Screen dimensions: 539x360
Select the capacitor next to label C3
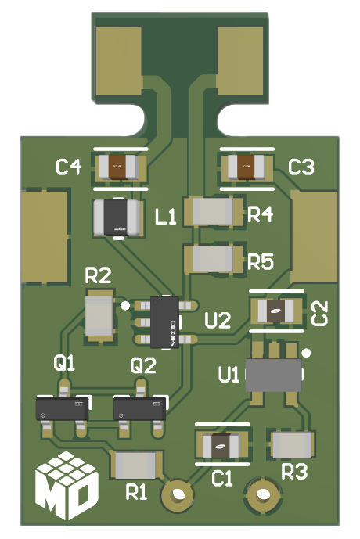pyautogui.click(x=245, y=167)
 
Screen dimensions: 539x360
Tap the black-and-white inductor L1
pyautogui.click(x=117, y=217)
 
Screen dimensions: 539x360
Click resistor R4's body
pyautogui.click(x=212, y=211)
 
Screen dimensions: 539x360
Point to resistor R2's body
pyautogui.click(x=100, y=315)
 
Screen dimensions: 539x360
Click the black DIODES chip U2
pyautogui.click(x=166, y=322)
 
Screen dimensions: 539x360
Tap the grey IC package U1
pyautogui.click(x=273, y=375)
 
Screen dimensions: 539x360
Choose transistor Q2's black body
pyautogui.click(x=141, y=407)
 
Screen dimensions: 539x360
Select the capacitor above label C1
pyautogui.click(x=222, y=446)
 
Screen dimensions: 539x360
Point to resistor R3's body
pyautogui.click(x=292, y=445)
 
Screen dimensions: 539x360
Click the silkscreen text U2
pyautogui.click(x=218, y=320)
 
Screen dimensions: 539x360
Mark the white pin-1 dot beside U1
pyautogui.click(x=307, y=353)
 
